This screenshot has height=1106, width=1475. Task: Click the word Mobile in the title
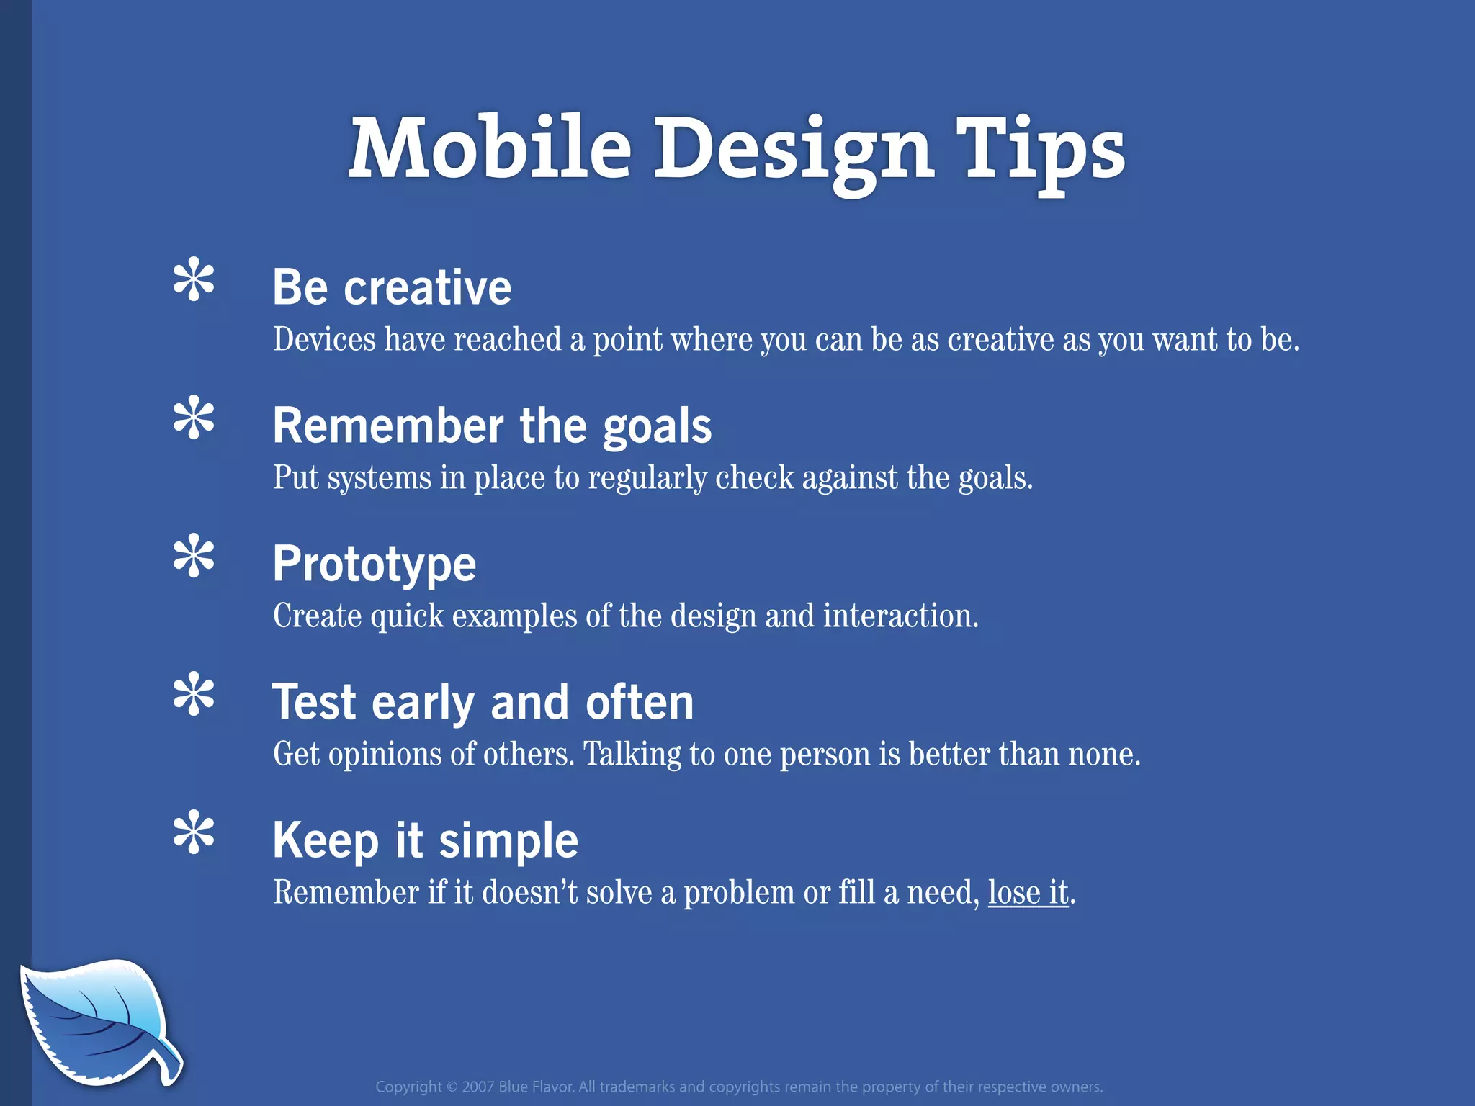click(490, 149)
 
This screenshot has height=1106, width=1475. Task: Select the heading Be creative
click(392, 287)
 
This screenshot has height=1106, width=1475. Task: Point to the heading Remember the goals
click(492, 426)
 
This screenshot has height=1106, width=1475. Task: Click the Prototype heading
click(375, 564)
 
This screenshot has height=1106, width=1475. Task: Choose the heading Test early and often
click(483, 702)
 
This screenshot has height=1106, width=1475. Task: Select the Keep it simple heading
click(425, 840)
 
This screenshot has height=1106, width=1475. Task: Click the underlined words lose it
click(1028, 893)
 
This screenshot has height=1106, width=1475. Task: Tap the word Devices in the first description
click(324, 340)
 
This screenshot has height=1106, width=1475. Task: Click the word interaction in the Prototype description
click(900, 616)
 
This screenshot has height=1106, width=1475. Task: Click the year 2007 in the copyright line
click(478, 1087)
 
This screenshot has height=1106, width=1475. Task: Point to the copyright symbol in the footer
click(452, 1087)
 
